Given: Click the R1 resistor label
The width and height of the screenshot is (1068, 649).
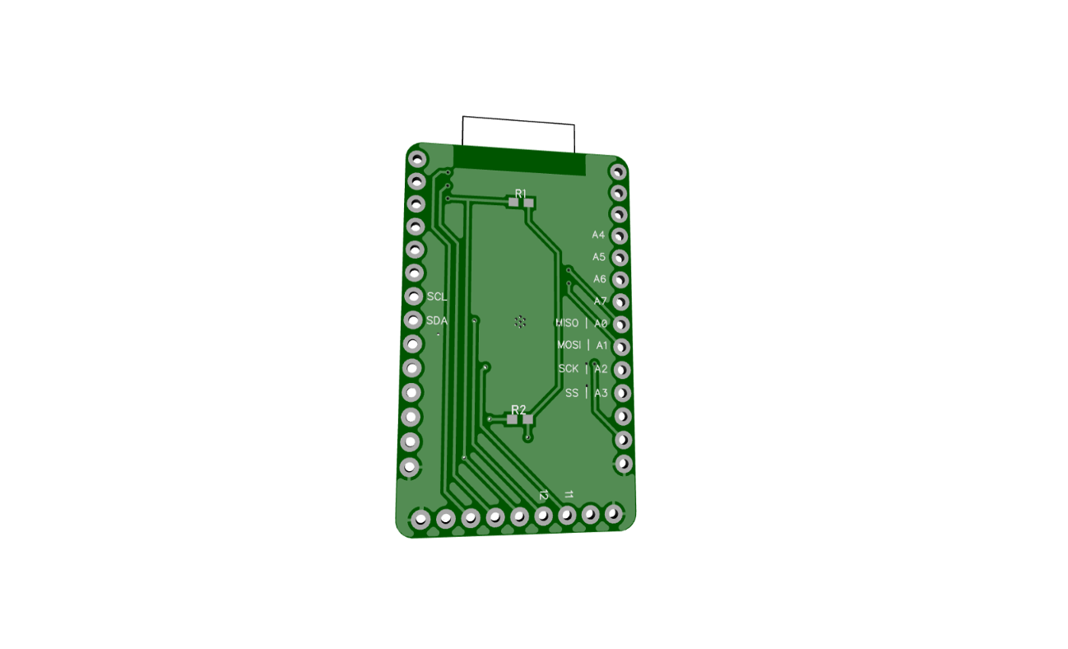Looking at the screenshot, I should pyautogui.click(x=520, y=193).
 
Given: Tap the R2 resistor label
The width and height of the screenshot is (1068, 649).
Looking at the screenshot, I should pyautogui.click(x=518, y=409).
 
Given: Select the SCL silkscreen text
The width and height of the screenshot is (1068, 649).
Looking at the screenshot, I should pyautogui.click(x=437, y=296).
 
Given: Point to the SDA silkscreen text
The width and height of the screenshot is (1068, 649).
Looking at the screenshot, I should pyautogui.click(x=437, y=320).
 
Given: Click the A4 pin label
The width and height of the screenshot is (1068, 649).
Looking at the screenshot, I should pyautogui.click(x=598, y=235).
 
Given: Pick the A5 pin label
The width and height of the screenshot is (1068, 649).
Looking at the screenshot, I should pyautogui.click(x=599, y=257).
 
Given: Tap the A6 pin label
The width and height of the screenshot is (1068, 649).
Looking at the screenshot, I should pyautogui.click(x=600, y=279).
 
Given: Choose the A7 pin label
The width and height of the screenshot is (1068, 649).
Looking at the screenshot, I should pyautogui.click(x=601, y=301).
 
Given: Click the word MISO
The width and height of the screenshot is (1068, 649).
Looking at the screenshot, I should pyautogui.click(x=568, y=323).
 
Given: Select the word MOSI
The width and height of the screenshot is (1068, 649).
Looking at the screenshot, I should pyautogui.click(x=569, y=345).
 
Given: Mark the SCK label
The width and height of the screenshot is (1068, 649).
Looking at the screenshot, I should pyautogui.click(x=569, y=368).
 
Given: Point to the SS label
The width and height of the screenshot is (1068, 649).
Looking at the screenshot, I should pyautogui.click(x=572, y=393).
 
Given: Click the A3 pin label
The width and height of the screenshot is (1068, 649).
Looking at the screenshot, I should pyautogui.click(x=601, y=393).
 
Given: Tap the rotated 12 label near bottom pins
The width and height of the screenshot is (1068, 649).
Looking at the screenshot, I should pyautogui.click(x=543, y=495).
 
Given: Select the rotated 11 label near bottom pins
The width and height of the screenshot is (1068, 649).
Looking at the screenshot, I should pyautogui.click(x=569, y=494).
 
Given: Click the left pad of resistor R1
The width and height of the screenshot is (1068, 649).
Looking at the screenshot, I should pyautogui.click(x=513, y=202).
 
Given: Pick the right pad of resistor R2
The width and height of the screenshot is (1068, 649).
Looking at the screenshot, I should pyautogui.click(x=527, y=419).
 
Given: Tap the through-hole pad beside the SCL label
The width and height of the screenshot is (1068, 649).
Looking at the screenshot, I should pyautogui.click(x=413, y=296).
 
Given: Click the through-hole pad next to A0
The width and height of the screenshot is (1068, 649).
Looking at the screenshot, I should pyautogui.click(x=622, y=324).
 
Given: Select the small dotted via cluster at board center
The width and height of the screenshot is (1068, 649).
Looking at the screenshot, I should pyautogui.click(x=520, y=322).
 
